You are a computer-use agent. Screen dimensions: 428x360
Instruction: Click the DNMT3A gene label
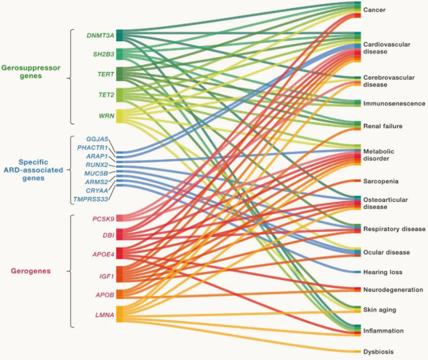100,36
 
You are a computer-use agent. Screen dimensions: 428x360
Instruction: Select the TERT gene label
106,74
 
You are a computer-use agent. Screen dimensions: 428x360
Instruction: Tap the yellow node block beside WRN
119,116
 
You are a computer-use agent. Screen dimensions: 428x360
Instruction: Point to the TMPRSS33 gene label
91,199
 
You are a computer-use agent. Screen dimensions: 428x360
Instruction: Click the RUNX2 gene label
97,165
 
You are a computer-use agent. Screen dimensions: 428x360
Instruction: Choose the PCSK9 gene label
103,219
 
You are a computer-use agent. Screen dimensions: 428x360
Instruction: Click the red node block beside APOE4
119,253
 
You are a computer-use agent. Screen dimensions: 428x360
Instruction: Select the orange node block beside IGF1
119,275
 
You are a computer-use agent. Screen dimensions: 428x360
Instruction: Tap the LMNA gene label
105,315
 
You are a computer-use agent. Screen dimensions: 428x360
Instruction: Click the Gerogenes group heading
31,271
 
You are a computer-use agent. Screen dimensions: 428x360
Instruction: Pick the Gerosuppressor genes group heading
31,72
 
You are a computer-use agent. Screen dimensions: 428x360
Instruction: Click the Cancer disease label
374,10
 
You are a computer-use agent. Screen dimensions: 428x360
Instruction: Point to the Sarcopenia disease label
381,181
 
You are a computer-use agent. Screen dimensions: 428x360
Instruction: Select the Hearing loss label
383,272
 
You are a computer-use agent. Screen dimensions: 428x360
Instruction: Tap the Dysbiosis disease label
379,352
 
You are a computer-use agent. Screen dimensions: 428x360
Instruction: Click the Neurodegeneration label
393,290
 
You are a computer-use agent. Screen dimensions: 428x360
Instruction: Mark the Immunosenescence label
394,104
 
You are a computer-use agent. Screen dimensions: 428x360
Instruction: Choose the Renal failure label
383,126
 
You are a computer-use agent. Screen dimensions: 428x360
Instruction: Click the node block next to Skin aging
357,309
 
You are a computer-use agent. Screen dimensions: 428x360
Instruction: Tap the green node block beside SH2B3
119,54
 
